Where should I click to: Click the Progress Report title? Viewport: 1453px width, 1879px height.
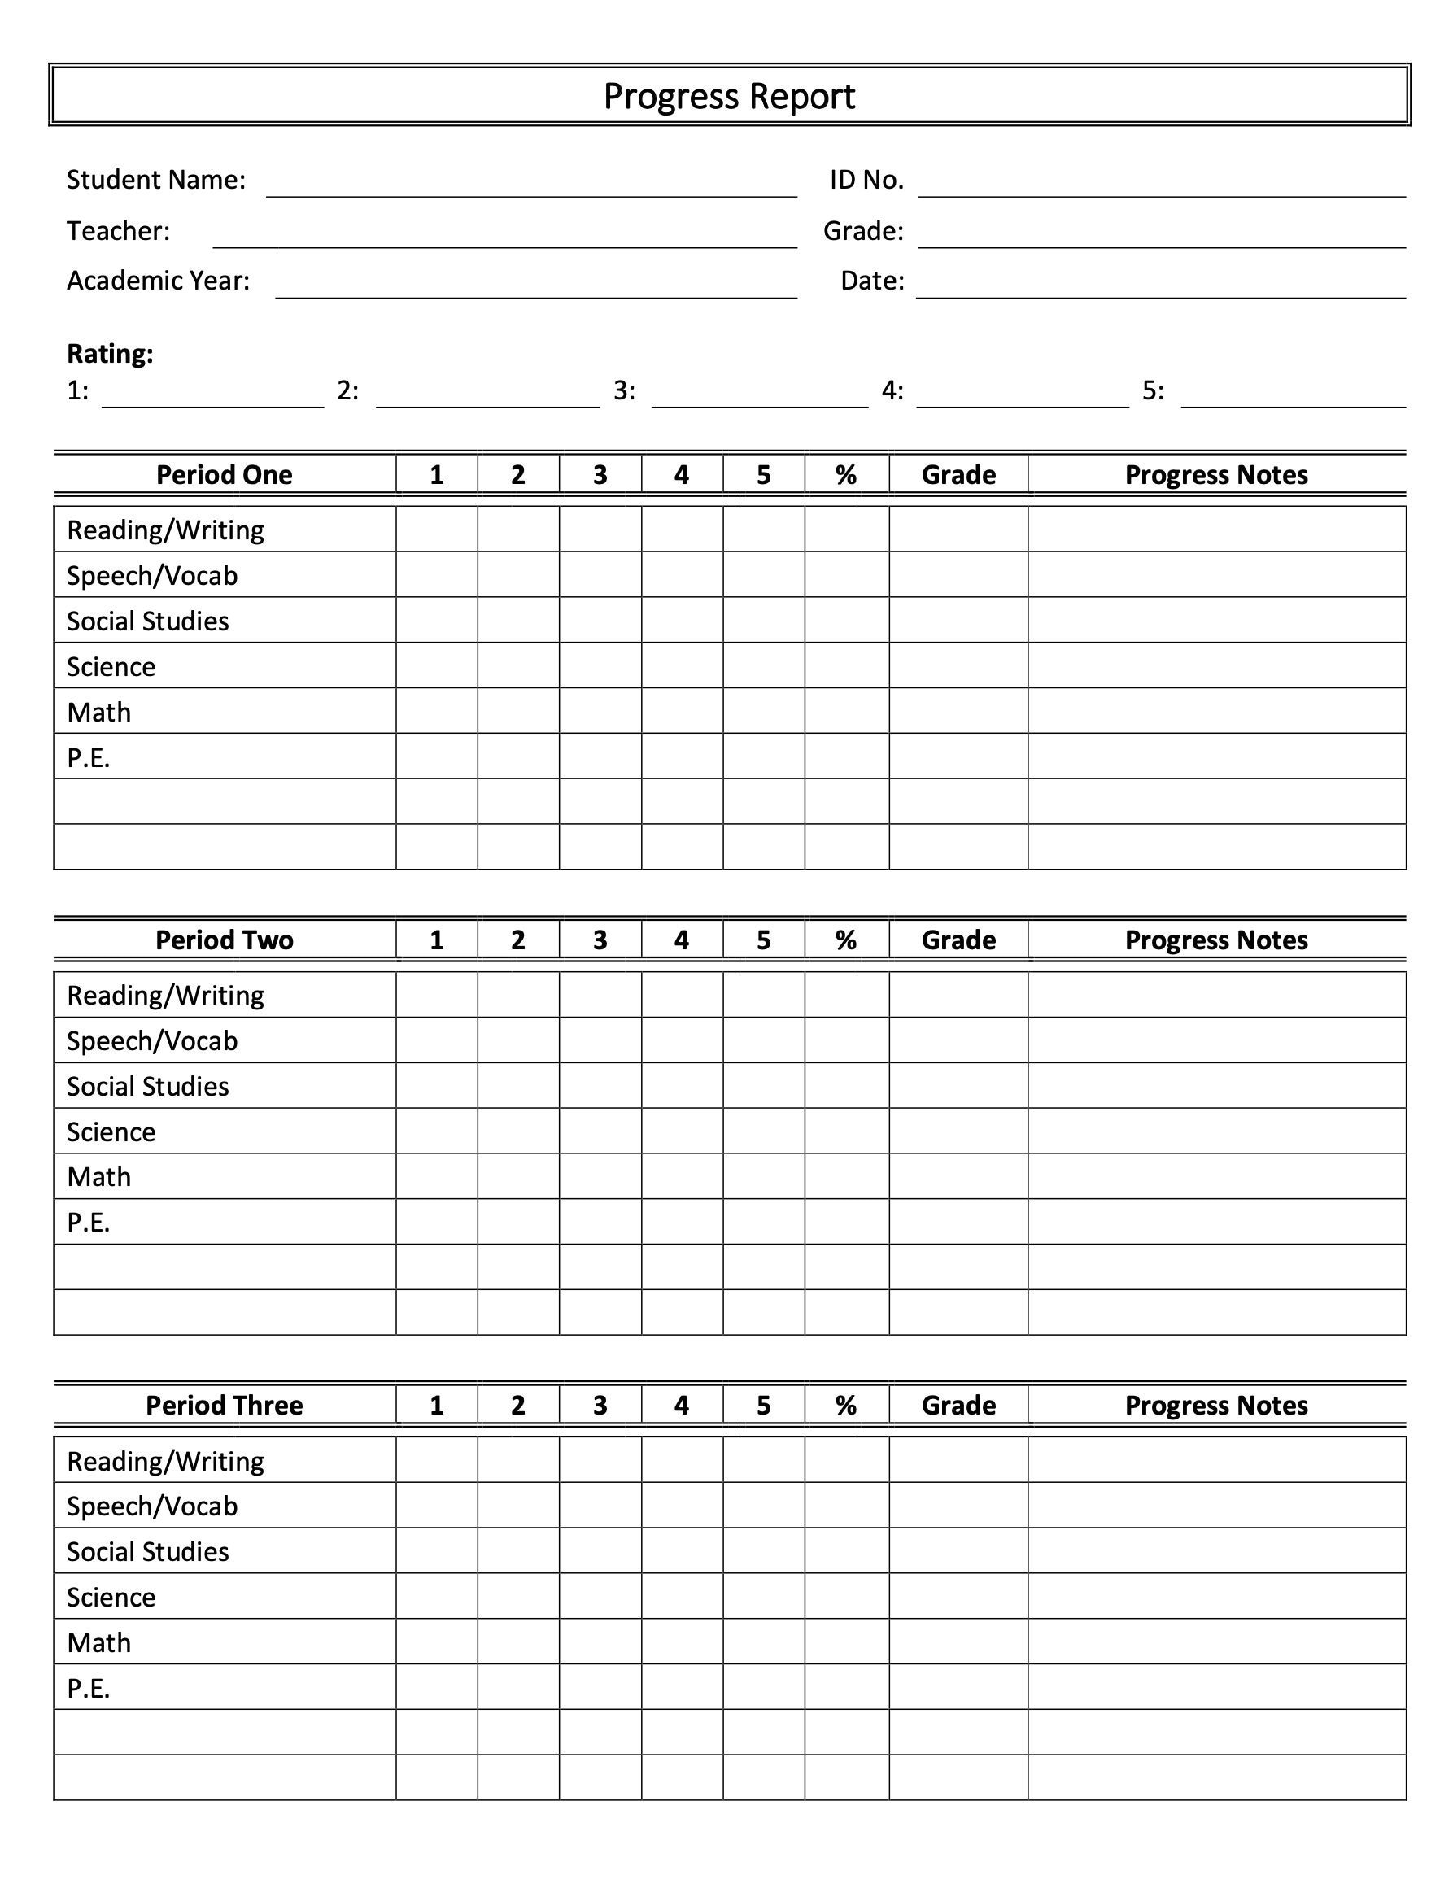click(729, 95)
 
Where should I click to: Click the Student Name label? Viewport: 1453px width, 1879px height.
click(155, 180)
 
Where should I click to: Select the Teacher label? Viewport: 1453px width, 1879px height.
click(119, 230)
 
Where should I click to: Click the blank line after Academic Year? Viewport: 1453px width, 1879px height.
click(535, 289)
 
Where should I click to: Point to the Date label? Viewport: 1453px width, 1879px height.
click(871, 281)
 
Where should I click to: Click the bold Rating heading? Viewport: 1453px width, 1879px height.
click(110, 354)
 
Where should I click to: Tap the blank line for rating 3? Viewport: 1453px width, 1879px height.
click(760, 399)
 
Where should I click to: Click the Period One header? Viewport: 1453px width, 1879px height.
click(224, 475)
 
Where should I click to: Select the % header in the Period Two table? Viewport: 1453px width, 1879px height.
click(845, 939)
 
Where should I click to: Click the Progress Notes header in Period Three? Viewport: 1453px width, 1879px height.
click(1215, 1405)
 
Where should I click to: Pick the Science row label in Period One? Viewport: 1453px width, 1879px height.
click(111, 667)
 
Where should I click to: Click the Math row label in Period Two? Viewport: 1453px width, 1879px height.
click(99, 1176)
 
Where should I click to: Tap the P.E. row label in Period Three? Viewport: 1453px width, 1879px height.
click(89, 1688)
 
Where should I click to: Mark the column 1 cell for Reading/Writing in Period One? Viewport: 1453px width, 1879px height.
click(436, 529)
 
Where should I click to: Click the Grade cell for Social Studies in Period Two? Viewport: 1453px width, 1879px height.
click(958, 1086)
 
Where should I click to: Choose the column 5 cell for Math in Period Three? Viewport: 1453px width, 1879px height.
click(763, 1642)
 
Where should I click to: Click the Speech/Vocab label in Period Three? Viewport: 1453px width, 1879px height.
click(152, 1506)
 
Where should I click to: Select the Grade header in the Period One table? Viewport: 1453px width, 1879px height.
click(958, 475)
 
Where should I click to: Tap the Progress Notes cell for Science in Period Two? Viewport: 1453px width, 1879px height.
click(1215, 1131)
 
